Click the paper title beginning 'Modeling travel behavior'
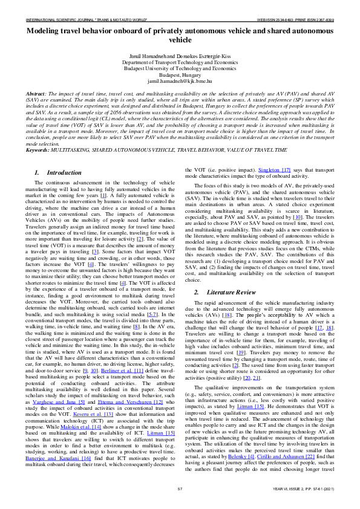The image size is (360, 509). (180, 34)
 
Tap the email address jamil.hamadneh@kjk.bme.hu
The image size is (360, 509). (180, 80)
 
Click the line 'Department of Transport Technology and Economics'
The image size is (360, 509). (180, 62)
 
